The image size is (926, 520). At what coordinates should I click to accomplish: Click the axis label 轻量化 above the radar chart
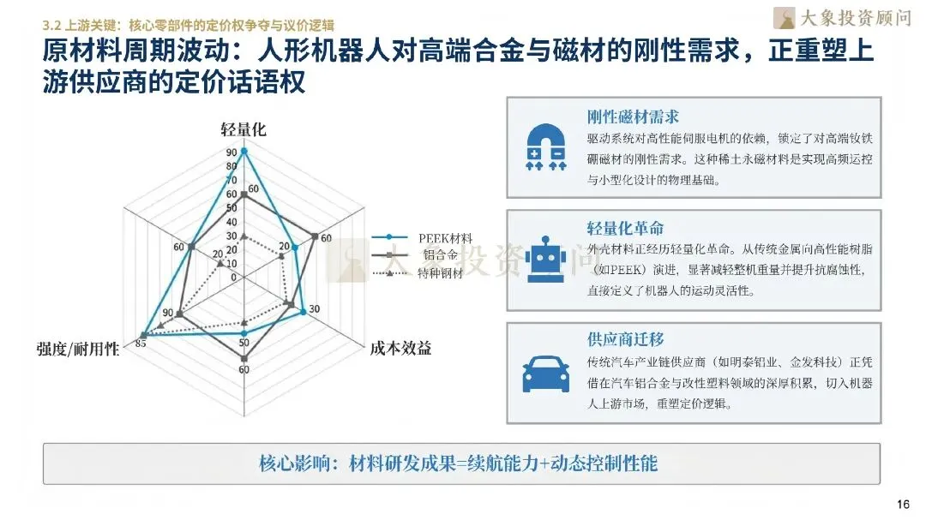tap(244, 130)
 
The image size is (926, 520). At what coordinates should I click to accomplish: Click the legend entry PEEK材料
tap(445, 237)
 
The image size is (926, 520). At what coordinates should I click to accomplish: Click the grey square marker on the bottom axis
tap(244, 354)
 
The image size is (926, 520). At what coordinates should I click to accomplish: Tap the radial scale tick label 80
tap(231, 166)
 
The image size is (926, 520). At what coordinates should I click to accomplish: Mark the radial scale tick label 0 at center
tap(233, 277)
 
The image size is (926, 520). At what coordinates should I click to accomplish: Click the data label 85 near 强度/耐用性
tap(140, 344)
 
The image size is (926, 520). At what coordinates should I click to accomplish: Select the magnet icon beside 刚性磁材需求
tap(545, 146)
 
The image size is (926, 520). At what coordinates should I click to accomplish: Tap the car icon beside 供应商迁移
tap(545, 372)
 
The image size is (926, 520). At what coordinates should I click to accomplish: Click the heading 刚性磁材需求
tap(633, 117)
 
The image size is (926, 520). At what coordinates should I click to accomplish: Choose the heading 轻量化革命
tap(625, 229)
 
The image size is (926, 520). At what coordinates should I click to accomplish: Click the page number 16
tap(902, 503)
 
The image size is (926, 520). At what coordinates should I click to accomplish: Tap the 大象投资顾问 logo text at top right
tap(854, 16)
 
